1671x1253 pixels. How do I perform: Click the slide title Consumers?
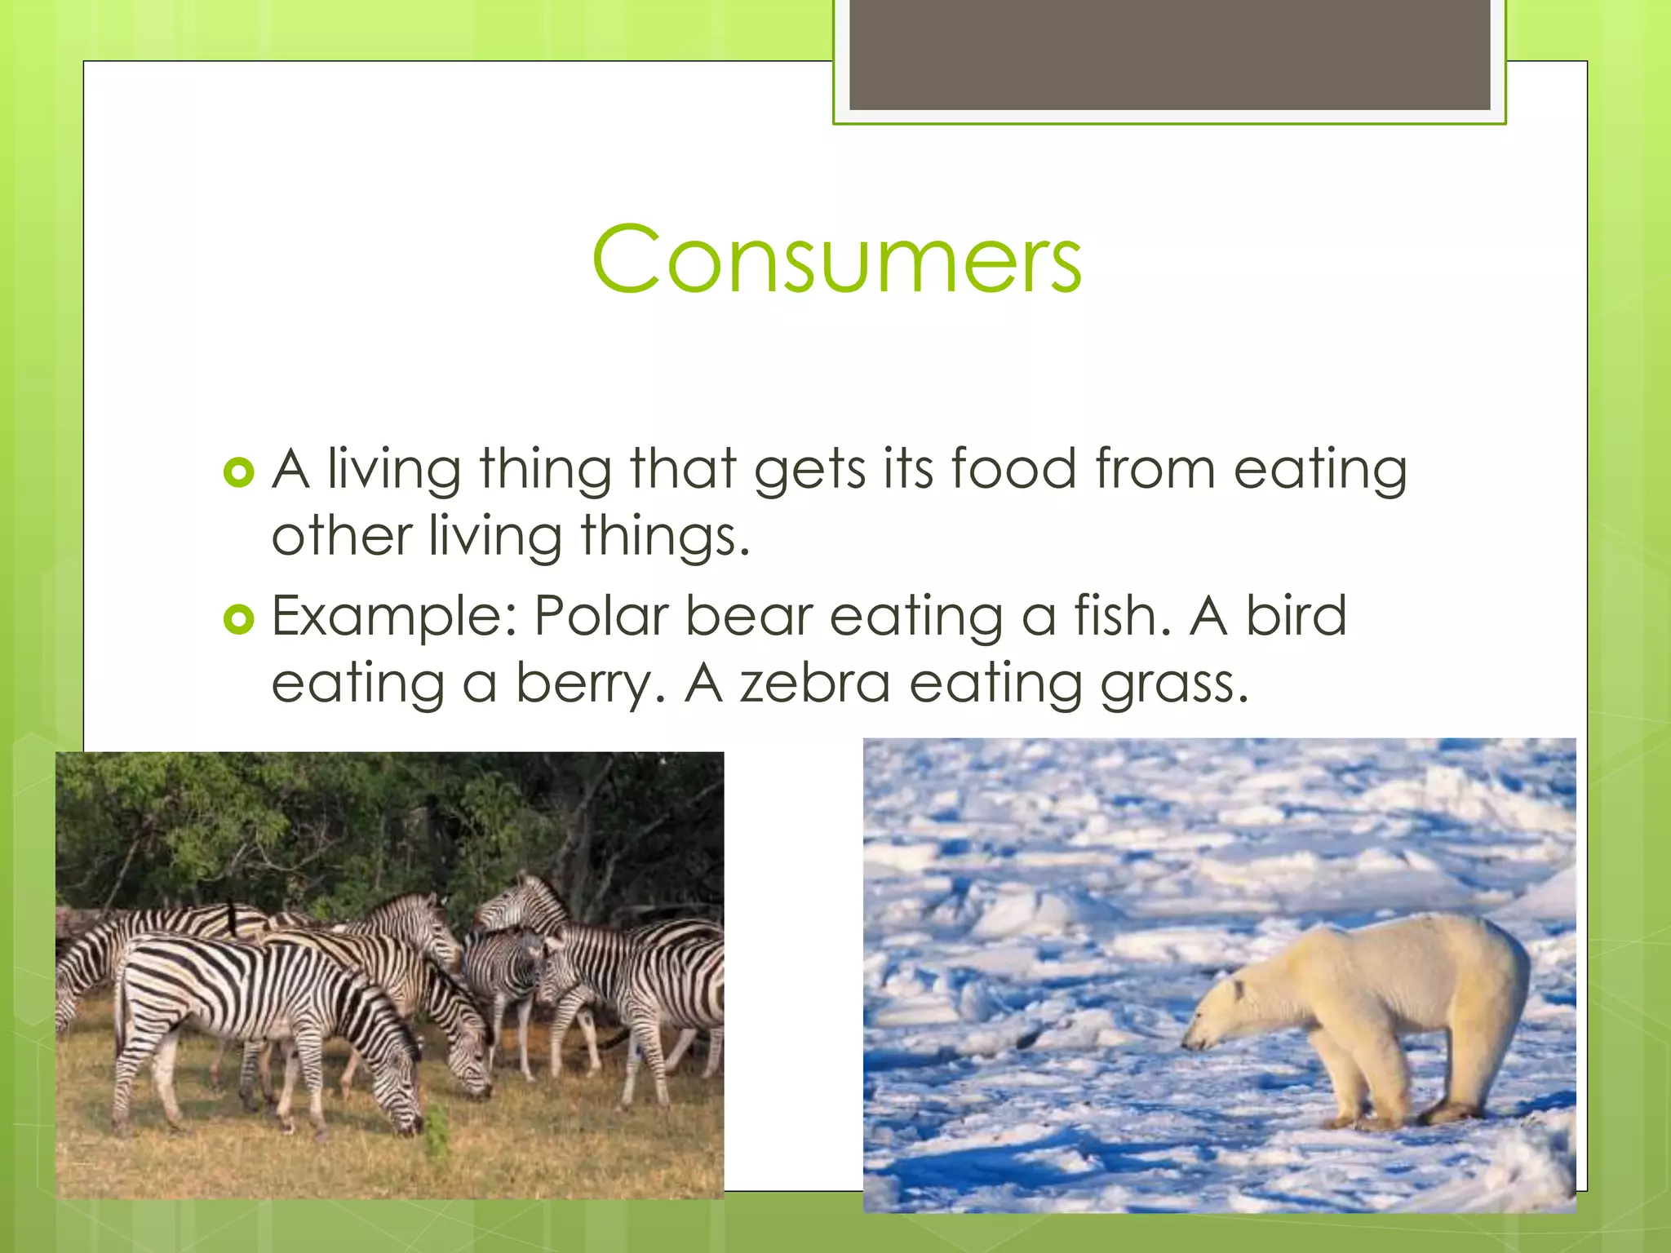pos(837,259)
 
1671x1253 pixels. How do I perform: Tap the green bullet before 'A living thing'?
pos(238,472)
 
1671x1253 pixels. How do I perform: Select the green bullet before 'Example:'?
pos(238,620)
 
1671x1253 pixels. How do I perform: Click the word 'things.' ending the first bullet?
pos(665,538)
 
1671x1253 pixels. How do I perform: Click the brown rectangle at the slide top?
pos(1169,55)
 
